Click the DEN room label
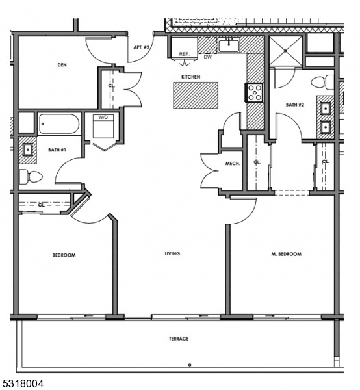point(62,65)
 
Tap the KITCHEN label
point(190,77)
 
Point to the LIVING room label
point(172,253)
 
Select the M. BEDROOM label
point(286,254)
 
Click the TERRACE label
point(179,339)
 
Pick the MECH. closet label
point(233,164)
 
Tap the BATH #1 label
point(57,150)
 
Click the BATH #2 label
point(295,105)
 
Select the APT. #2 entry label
point(142,47)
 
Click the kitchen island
point(196,96)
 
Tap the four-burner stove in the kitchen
point(254,92)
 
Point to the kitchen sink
point(229,45)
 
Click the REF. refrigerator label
point(185,54)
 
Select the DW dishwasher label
point(208,57)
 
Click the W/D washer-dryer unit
point(103,126)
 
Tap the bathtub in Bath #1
point(59,123)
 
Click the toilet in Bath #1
point(31,177)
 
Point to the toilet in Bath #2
point(322,83)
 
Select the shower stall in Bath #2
point(286,51)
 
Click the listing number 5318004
point(22,383)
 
